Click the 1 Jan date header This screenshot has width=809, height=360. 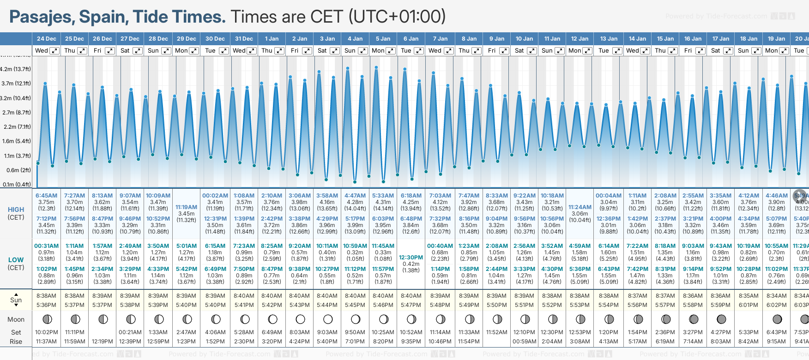272,39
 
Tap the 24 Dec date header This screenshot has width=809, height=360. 47,39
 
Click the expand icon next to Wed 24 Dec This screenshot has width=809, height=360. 54,51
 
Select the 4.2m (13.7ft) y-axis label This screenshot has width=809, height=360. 16,69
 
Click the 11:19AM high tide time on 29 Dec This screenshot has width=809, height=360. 187,207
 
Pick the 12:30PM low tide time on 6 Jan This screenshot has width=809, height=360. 411,258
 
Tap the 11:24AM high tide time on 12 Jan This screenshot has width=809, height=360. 580,207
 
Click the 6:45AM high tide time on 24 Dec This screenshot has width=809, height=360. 47,196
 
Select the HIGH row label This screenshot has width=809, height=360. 16,210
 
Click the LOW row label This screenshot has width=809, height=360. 16,260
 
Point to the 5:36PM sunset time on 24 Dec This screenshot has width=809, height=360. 47,305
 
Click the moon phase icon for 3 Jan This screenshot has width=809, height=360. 328,319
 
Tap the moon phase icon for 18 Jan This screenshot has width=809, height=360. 749,319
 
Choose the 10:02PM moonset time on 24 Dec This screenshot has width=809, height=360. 47,332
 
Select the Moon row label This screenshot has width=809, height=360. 16,319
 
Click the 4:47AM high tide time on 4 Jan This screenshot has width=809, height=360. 355,196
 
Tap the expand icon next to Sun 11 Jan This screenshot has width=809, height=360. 559,51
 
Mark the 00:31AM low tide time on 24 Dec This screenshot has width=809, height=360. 47,246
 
